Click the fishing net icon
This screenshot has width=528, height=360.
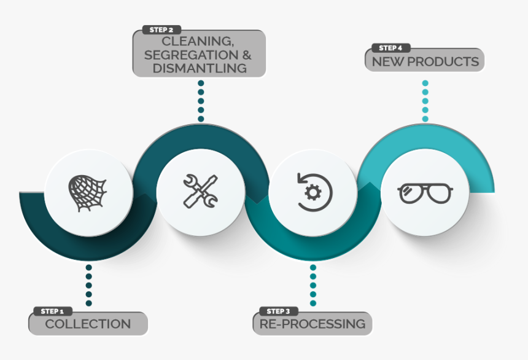tap(88, 193)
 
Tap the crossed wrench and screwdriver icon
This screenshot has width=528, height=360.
tap(200, 191)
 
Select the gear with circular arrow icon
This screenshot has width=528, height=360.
tap(314, 192)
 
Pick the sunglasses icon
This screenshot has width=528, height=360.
tap(425, 194)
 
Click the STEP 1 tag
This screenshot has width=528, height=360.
tap(53, 311)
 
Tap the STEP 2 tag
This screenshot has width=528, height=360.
tap(161, 29)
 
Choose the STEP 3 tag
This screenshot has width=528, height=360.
tap(279, 311)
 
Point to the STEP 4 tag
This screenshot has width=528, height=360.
tap(390, 48)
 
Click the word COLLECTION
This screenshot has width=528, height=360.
tap(88, 324)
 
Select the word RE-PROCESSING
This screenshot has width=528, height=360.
tap(313, 324)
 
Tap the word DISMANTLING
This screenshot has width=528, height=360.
tap(200, 68)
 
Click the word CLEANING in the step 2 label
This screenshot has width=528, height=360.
tap(197, 41)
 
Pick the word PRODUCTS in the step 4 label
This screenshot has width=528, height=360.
tap(443, 61)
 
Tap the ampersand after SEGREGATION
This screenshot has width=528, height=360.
tap(247, 55)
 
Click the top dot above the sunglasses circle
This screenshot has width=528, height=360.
tap(425, 83)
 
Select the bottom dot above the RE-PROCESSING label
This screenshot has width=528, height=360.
tap(313, 303)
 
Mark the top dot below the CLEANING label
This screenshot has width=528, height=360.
tap(201, 83)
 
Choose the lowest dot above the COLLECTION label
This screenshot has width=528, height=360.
tap(89, 303)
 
